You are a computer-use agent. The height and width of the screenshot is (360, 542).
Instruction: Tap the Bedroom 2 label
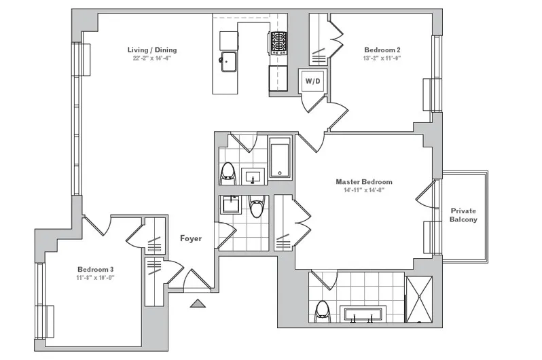pos(382,50)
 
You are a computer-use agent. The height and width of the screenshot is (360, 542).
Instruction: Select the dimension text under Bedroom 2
pos(382,58)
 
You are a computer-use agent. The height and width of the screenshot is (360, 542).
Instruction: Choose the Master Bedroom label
pos(364,181)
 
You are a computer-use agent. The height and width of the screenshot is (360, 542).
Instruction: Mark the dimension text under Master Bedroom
pos(364,191)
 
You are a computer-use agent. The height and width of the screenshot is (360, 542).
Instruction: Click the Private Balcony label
pos(464,215)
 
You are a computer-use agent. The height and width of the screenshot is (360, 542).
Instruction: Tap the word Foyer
pos(191,238)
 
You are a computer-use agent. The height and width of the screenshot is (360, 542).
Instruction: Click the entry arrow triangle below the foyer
pos(198,304)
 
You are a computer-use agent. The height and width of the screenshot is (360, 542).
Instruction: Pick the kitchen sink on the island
pos(228,60)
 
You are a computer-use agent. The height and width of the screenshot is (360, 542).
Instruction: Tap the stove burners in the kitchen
pos(278,43)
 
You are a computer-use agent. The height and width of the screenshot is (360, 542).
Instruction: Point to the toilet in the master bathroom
pos(323,310)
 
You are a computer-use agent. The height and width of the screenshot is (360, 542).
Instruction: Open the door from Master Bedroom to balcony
pos(425,195)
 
